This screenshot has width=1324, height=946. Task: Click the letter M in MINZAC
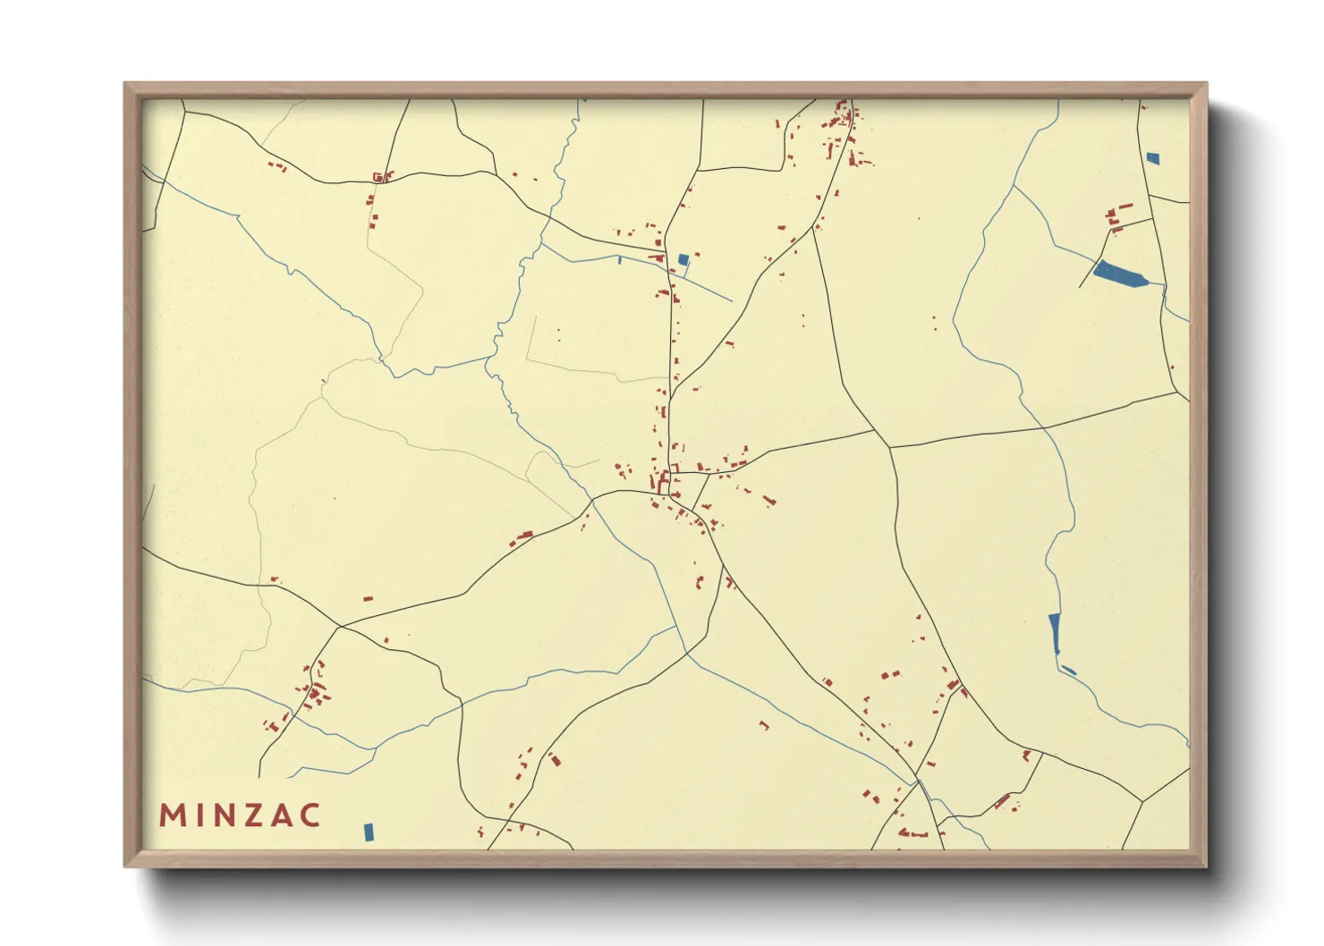pyautogui.click(x=170, y=815)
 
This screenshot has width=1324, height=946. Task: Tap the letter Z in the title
pyautogui.click(x=251, y=815)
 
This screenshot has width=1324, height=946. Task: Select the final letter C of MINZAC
pyautogui.click(x=310, y=815)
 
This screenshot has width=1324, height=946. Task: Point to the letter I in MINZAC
pyautogui.click(x=199, y=815)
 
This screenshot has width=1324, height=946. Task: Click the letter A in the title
pyautogui.click(x=281, y=815)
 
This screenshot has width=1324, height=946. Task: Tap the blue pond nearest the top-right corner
pyautogui.click(x=1152, y=158)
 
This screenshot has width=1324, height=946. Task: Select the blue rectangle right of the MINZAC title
pyautogui.click(x=369, y=832)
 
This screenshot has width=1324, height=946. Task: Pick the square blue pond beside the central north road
pyautogui.click(x=683, y=260)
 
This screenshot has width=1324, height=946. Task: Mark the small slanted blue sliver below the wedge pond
pyautogui.click(x=1068, y=670)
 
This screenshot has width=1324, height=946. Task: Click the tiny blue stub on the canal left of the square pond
pyautogui.click(x=620, y=260)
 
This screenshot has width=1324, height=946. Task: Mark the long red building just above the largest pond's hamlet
pyautogui.click(x=1125, y=207)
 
